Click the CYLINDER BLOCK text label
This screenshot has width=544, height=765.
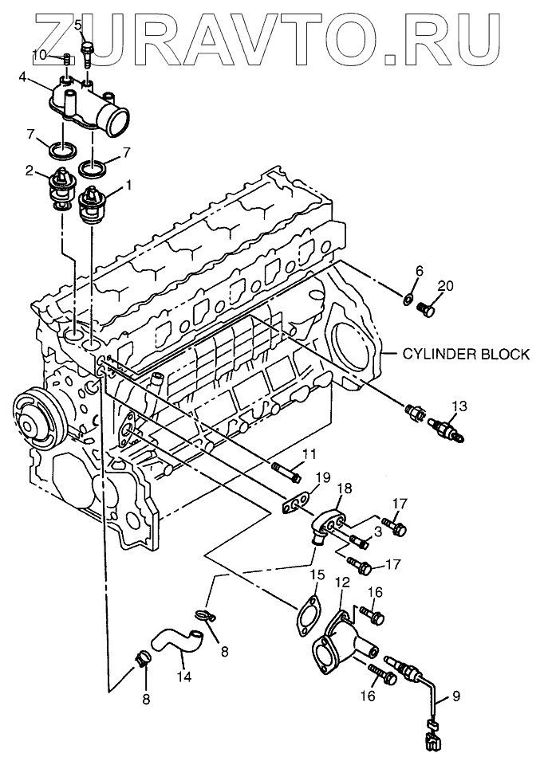[465, 354]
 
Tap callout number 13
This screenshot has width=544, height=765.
[459, 406]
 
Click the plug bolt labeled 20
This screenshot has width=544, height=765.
[428, 309]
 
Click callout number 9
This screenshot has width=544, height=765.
[455, 696]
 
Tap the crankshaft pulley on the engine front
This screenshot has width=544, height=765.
[37, 420]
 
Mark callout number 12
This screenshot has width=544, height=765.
[343, 583]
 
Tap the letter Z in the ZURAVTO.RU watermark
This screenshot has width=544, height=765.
[61, 37]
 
